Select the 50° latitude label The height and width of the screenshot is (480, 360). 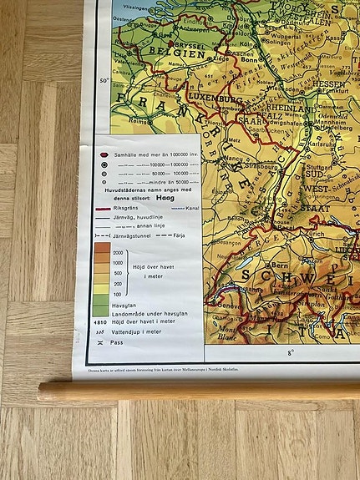104,81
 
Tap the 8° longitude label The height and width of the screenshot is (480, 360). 291,353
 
